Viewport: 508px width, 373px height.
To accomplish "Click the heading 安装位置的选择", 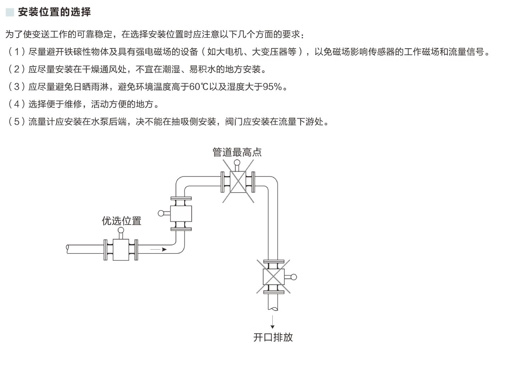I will pyautogui.click(x=54, y=12).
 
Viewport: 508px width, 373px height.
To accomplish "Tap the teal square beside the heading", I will pyautogui.click(x=10, y=12).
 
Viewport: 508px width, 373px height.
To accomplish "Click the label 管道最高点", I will pyautogui.click(x=237, y=152).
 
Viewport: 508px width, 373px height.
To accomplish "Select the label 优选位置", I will pyautogui.click(x=121, y=221).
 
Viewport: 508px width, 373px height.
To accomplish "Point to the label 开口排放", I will pyautogui.click(x=273, y=337).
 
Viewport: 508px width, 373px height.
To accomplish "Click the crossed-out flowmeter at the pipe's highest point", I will pyautogui.click(x=238, y=182).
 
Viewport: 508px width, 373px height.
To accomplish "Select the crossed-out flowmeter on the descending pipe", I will pyautogui.click(x=273, y=277).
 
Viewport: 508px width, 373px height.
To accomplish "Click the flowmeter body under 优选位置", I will pyautogui.click(x=121, y=250).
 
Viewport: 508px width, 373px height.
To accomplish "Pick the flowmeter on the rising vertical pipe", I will pyautogui.click(x=181, y=214).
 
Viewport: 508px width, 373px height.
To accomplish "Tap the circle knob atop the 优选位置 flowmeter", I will pyautogui.click(x=121, y=230).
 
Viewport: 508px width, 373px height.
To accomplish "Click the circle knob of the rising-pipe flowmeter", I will pyautogui.click(x=161, y=213).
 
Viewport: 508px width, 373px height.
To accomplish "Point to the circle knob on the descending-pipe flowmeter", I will pyautogui.click(x=294, y=277).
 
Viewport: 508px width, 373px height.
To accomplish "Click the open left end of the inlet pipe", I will pyautogui.click(x=68, y=249).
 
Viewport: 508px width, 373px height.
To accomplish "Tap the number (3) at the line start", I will pyautogui.click(x=17, y=87).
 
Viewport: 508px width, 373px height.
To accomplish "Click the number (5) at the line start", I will pyautogui.click(x=17, y=122).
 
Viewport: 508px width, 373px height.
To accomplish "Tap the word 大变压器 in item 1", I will pyautogui.click(x=274, y=52).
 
